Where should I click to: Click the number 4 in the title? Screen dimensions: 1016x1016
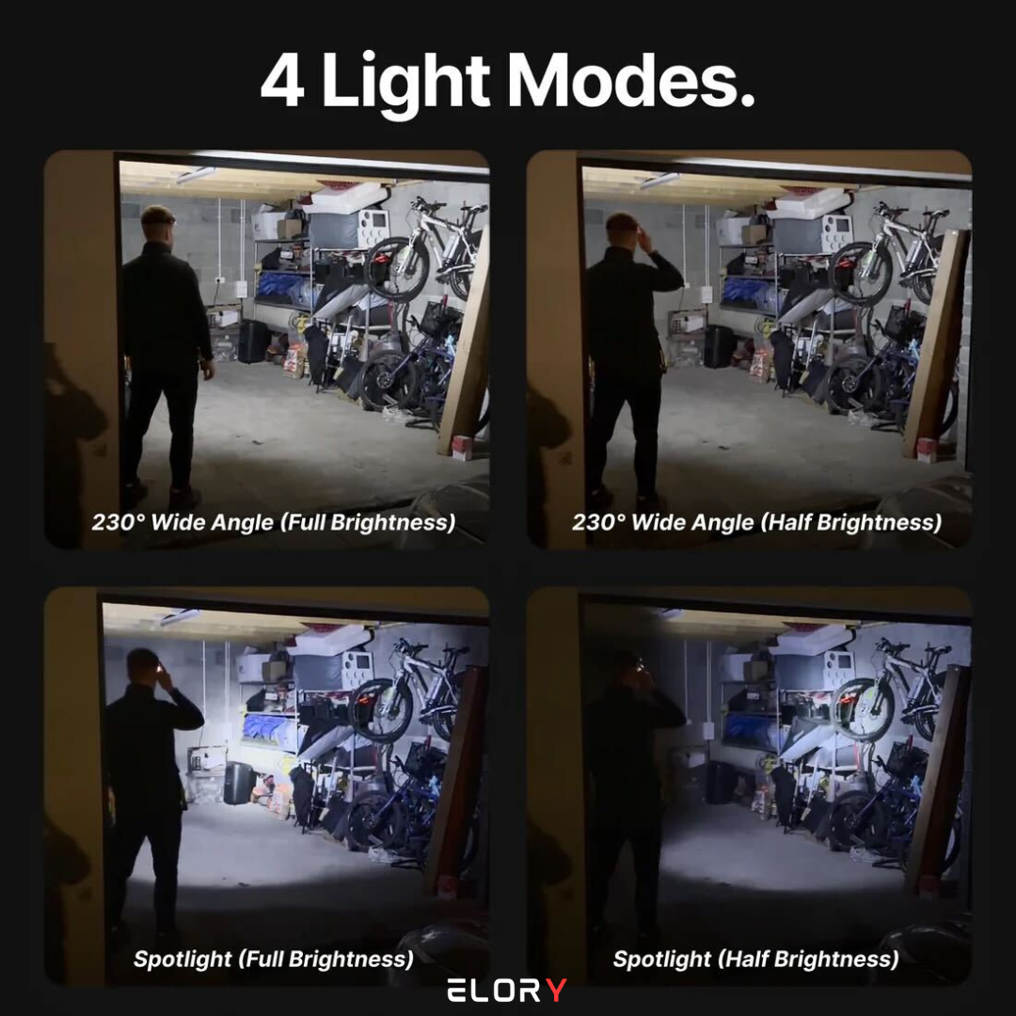coord(282,80)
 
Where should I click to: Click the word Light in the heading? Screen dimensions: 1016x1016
coord(405,85)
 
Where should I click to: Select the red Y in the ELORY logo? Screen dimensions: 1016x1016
coord(556,990)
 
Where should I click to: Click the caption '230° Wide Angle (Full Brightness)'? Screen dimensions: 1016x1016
coord(274,522)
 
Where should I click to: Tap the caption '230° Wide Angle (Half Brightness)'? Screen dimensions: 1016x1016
coord(756,522)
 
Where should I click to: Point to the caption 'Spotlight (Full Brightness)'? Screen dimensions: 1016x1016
coord(274,959)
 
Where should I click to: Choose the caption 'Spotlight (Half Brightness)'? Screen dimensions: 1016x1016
coord(756,959)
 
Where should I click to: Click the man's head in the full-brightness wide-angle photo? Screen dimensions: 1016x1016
coord(157,223)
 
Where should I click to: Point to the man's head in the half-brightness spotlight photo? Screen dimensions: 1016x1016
coord(625,667)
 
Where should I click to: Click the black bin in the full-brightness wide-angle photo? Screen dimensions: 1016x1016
coord(253,341)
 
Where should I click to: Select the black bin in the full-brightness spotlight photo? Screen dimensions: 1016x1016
coord(239,784)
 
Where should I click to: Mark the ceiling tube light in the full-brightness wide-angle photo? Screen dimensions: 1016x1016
coord(196,175)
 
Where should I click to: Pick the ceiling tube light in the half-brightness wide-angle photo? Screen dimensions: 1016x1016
coord(659,180)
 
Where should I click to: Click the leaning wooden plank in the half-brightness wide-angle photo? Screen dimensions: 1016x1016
coord(937,343)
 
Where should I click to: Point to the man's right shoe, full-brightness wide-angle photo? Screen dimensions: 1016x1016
coord(183,498)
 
